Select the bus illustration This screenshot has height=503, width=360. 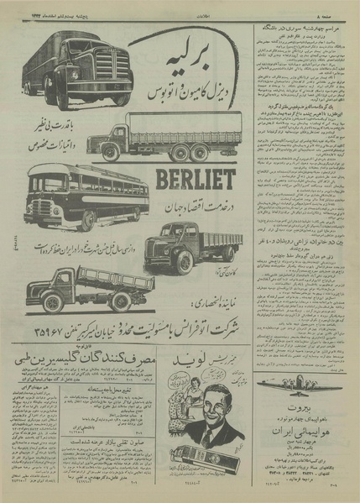tap(77, 198)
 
